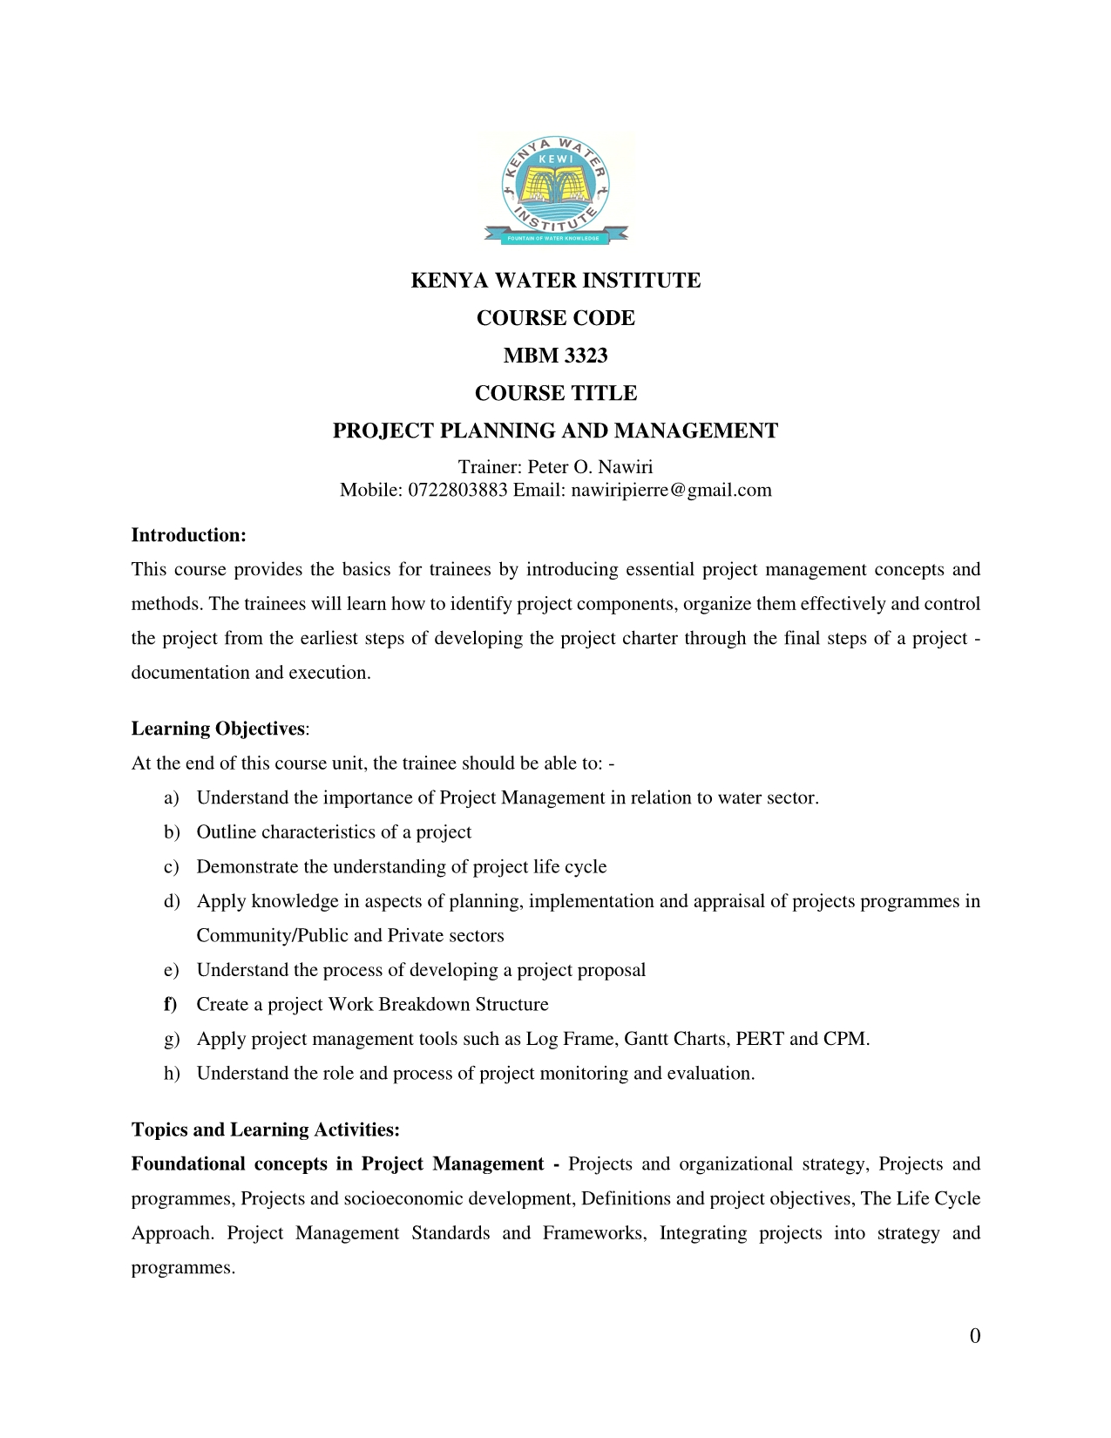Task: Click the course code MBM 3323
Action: pyautogui.click(x=556, y=356)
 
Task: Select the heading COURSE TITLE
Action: pyautogui.click(x=556, y=393)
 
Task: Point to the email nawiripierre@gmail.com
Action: pyautogui.click(x=671, y=490)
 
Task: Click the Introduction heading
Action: pyautogui.click(x=188, y=535)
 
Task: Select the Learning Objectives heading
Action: pyautogui.click(x=218, y=729)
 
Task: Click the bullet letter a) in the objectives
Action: pyautogui.click(x=171, y=797)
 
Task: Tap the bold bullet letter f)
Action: pyautogui.click(x=170, y=1004)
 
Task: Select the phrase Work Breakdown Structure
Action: pyautogui.click(x=438, y=1004)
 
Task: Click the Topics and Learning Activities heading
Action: pyautogui.click(x=265, y=1130)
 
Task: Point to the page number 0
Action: pyautogui.click(x=974, y=1335)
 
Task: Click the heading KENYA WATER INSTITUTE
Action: pyautogui.click(x=556, y=281)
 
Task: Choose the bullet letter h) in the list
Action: pyautogui.click(x=171, y=1073)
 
